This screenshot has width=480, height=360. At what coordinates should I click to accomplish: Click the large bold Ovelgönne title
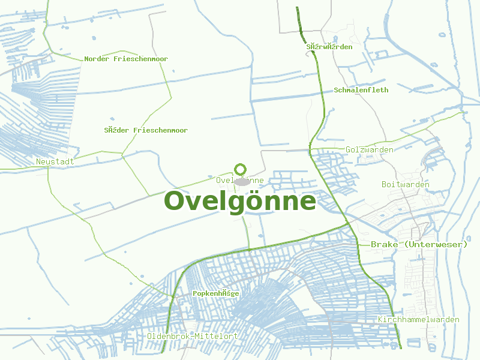pyautogui.click(x=240, y=201)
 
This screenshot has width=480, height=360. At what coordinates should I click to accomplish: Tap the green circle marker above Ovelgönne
pyautogui.click(x=241, y=169)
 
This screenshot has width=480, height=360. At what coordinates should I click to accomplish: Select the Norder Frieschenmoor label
pyautogui.click(x=126, y=59)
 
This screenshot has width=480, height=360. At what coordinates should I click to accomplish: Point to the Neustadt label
pyautogui.click(x=55, y=162)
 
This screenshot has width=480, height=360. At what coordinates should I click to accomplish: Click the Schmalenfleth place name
pyautogui.click(x=361, y=90)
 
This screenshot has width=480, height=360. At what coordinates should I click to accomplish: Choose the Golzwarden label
pyautogui.click(x=370, y=149)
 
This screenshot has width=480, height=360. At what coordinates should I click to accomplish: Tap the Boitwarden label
pyautogui.click(x=406, y=184)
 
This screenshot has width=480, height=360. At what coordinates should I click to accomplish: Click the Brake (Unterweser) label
pyautogui.click(x=419, y=244)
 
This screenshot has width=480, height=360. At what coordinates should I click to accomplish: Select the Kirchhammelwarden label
pyautogui.click(x=419, y=319)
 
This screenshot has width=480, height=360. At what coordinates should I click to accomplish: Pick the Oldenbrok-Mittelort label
pyautogui.click(x=192, y=336)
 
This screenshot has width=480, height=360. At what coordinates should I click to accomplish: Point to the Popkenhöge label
pyautogui.click(x=216, y=293)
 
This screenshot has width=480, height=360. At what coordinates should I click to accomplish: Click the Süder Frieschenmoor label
pyautogui.click(x=146, y=130)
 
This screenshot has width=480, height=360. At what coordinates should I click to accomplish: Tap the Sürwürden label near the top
pyautogui.click(x=329, y=46)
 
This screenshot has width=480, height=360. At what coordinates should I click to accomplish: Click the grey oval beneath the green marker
pyautogui.click(x=242, y=181)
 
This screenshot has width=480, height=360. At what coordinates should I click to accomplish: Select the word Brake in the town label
pyautogui.click(x=384, y=244)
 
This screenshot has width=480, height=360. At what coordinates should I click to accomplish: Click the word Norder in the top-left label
pyautogui.click(x=97, y=59)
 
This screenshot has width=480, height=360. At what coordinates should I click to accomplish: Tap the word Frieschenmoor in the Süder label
pyautogui.click(x=160, y=130)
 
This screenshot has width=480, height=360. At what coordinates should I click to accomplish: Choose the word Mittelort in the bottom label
pyautogui.click(x=218, y=336)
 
